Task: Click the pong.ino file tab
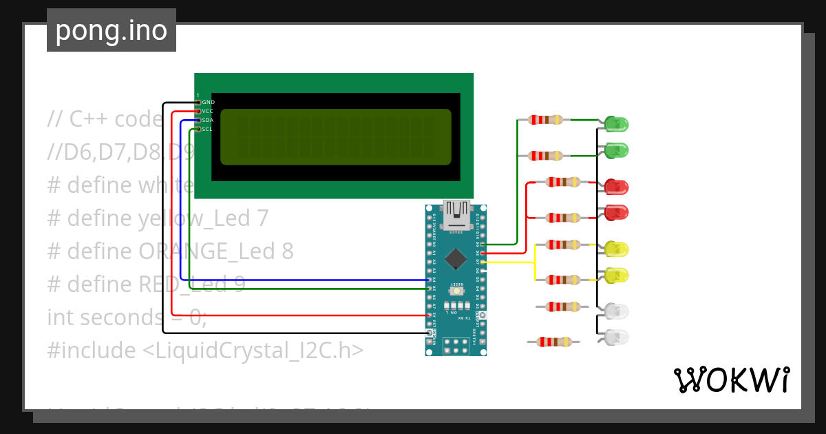[111, 30]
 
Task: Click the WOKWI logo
[730, 380]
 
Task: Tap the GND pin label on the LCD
[208, 102]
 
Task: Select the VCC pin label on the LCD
[208, 111]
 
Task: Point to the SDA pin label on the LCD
[208, 120]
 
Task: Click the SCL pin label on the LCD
[207, 129]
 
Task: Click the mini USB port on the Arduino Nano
[456, 215]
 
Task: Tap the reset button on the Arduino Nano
[456, 292]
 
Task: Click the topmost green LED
[616, 125]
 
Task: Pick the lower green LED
[616, 150]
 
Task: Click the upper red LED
[616, 187]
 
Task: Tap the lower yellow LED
[616, 276]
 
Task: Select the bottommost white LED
[616, 338]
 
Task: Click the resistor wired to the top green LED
[546, 120]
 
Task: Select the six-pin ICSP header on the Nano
[456, 345]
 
